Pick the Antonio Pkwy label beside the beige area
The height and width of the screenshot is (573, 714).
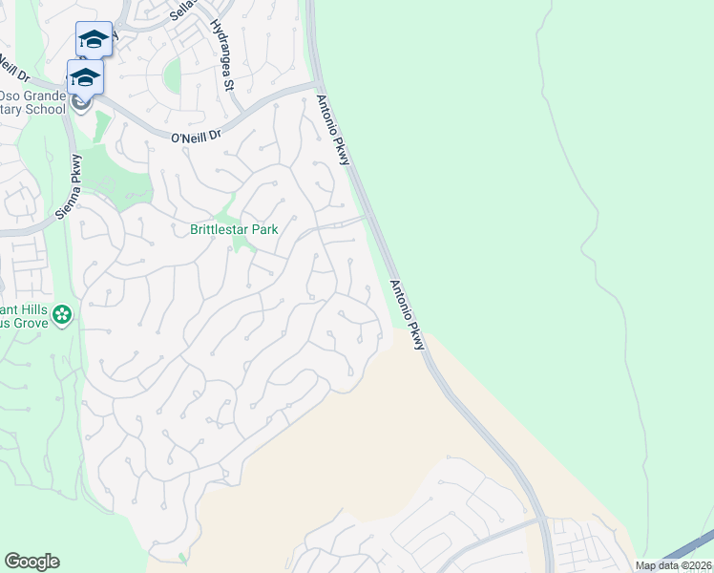(x=407, y=314)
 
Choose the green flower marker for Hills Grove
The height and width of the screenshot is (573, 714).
(x=63, y=314)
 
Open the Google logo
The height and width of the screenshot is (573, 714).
(x=31, y=562)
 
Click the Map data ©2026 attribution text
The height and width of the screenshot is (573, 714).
(x=674, y=565)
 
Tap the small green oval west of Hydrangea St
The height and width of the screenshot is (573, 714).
(x=172, y=75)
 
